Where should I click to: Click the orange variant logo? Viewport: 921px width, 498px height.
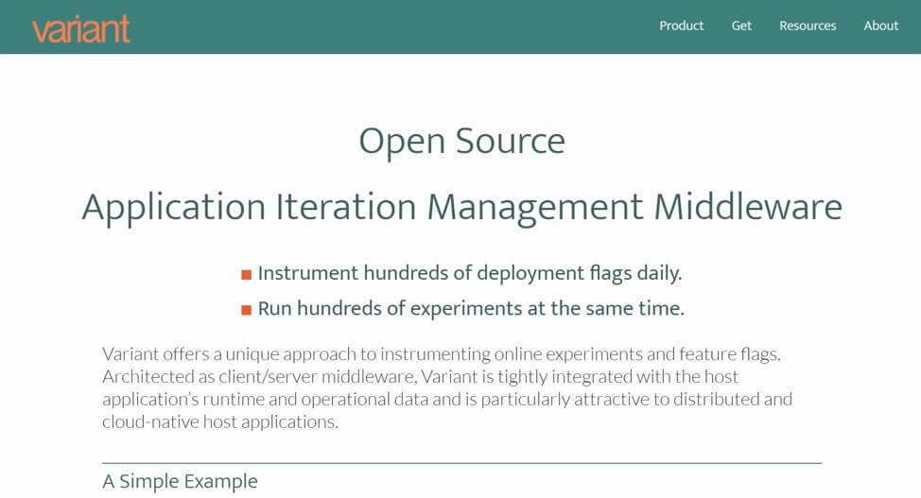coord(81,29)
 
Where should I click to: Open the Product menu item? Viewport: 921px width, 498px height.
coord(682,26)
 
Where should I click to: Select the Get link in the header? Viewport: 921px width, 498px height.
coord(741,26)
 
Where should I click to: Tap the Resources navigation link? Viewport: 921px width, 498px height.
coord(808,26)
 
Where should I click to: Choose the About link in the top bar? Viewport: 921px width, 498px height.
coord(881,26)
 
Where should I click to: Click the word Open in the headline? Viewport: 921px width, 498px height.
coord(402,142)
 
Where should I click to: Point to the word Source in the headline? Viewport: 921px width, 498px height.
coord(511,141)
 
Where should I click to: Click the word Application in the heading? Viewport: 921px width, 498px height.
coord(174,208)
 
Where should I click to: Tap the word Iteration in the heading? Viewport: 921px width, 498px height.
coord(346,207)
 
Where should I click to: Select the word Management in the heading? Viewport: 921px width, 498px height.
coord(535,208)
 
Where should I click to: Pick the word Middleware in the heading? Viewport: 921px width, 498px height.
coord(748,207)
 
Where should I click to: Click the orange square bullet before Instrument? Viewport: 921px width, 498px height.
coord(247,274)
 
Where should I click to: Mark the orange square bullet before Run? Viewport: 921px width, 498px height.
coord(247,310)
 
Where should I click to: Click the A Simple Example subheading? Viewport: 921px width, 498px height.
coord(180,482)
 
